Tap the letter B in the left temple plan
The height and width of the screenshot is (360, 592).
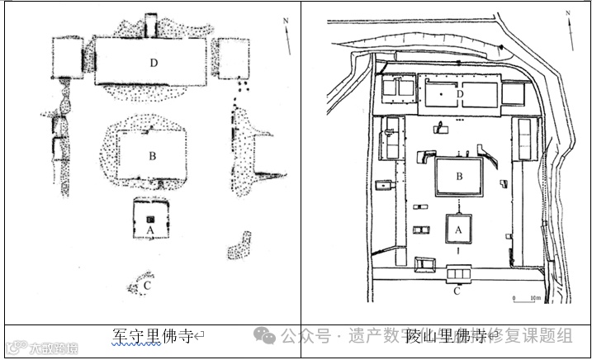pos(152,154)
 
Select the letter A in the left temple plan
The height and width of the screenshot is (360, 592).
pos(150,229)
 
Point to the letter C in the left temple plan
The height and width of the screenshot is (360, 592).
pos(146,287)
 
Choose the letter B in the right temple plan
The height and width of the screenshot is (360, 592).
pos(458,175)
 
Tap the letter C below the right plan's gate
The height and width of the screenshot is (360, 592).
pos(457,290)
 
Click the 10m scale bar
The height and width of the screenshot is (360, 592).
pos(525,298)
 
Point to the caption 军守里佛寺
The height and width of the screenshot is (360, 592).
pos(152,336)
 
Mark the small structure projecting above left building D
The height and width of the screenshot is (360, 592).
pos(150,26)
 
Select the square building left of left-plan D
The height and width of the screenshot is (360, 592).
pos(68,58)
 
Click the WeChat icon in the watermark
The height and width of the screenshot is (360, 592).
pos(264,335)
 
